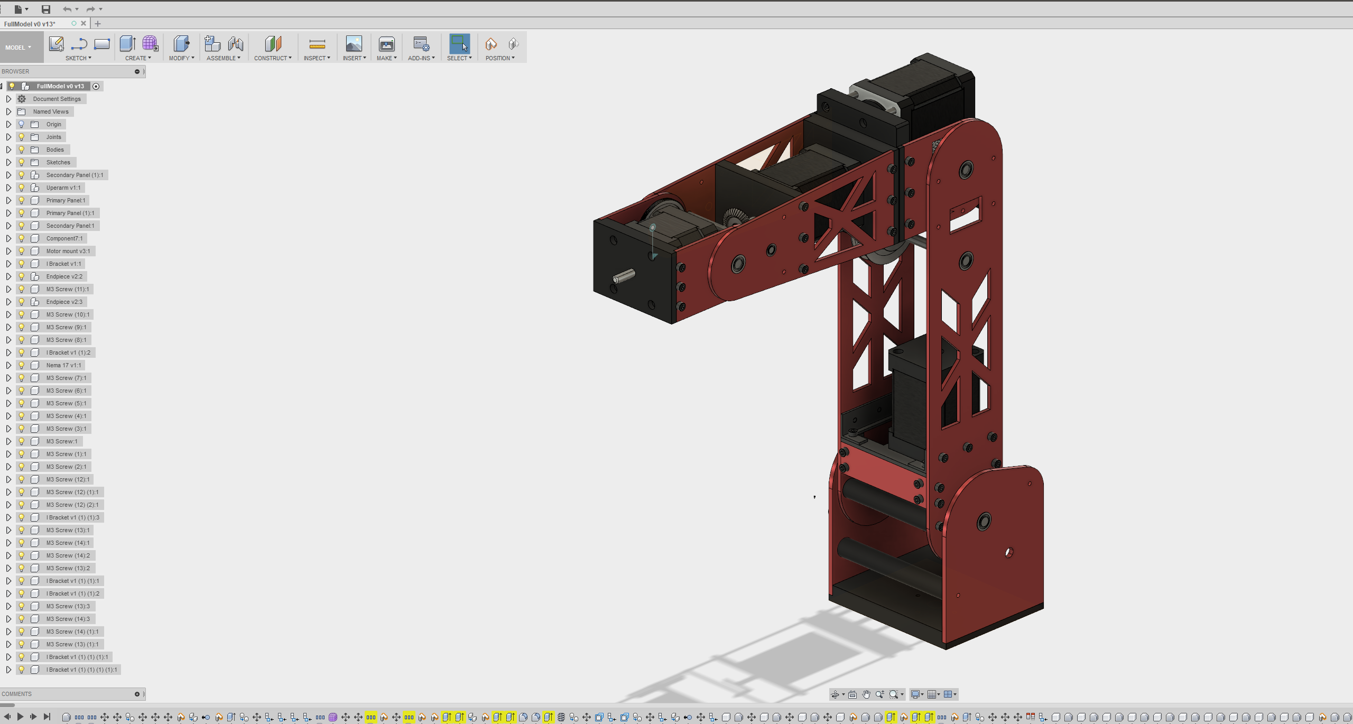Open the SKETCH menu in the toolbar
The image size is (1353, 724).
pyautogui.click(x=78, y=58)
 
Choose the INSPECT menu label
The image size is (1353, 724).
pyautogui.click(x=316, y=58)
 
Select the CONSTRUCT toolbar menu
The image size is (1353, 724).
pyautogui.click(x=272, y=58)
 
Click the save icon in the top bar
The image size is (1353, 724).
pyautogui.click(x=46, y=9)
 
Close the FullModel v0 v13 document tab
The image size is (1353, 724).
pyautogui.click(x=84, y=23)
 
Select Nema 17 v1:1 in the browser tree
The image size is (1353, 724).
pyautogui.click(x=63, y=365)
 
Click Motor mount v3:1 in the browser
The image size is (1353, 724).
pyautogui.click(x=68, y=251)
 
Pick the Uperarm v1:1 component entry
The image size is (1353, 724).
pyautogui.click(x=63, y=188)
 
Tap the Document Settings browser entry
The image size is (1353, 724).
pyautogui.click(x=57, y=99)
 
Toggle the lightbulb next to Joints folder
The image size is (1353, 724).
pyautogui.click(x=22, y=137)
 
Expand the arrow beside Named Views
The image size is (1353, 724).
pyautogui.click(x=8, y=112)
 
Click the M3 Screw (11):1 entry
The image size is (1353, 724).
pyautogui.click(x=67, y=289)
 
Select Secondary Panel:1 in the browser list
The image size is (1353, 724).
pyautogui.click(x=70, y=226)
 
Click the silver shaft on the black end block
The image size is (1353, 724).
pyautogui.click(x=624, y=276)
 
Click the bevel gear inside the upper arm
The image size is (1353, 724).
pyautogui.click(x=735, y=217)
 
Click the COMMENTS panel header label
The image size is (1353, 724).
pyautogui.click(x=17, y=694)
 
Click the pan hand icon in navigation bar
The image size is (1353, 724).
pyautogui.click(x=866, y=694)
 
